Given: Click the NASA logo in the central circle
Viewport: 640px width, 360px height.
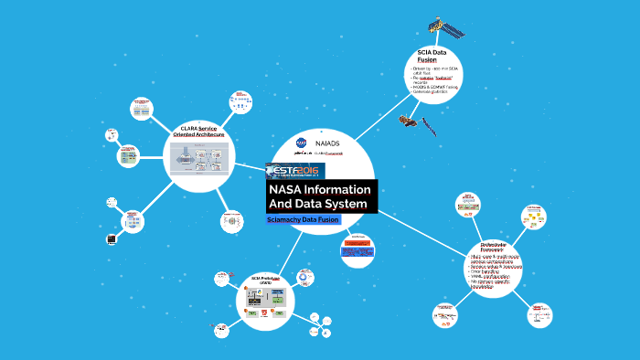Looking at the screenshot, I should click(x=302, y=143).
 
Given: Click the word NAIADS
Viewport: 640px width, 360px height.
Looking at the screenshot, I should click(x=327, y=143).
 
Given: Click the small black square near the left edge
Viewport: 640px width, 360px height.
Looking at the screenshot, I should click(x=111, y=240).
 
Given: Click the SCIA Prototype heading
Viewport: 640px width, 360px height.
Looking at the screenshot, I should click(x=267, y=280).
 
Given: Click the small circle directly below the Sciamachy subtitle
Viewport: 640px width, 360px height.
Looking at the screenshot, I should click(x=357, y=249).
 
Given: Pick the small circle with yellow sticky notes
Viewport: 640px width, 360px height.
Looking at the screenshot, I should click(x=534, y=218).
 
